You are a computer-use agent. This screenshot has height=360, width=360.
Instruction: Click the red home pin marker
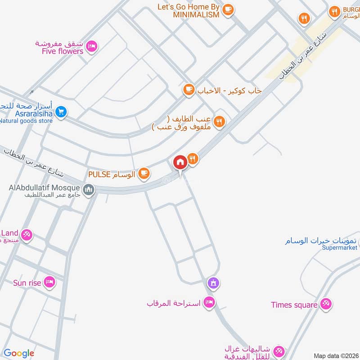pyautogui.click(x=180, y=162)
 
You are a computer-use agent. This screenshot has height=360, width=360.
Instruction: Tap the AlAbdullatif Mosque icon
pyautogui.click(x=89, y=189)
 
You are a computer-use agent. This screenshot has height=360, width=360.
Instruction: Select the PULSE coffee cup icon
pyautogui.click(x=144, y=173)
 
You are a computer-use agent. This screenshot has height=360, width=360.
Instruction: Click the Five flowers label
pyautogui.click(x=62, y=51)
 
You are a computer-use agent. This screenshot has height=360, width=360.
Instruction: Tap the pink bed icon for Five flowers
pyautogui.click(x=92, y=46)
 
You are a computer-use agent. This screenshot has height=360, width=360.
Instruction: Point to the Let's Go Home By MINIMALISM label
pyautogui.click(x=189, y=10)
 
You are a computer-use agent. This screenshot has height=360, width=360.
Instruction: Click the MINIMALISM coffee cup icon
pyautogui.click(x=228, y=9)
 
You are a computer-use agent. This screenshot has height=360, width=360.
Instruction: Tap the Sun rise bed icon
pyautogui.click(x=49, y=282)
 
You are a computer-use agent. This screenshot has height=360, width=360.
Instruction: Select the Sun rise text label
pyautogui.click(x=27, y=283)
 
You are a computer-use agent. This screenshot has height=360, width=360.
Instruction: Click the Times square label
pyautogui.click(x=294, y=305)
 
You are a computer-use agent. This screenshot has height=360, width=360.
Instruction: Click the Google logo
pyautogui.click(x=19, y=353)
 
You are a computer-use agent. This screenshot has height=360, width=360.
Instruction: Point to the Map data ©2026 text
pyautogui.click(x=335, y=356)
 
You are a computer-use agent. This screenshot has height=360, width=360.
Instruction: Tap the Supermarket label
pyautogui.click(x=339, y=247)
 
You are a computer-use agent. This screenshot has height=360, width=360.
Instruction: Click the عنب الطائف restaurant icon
pyautogui.click(x=219, y=121)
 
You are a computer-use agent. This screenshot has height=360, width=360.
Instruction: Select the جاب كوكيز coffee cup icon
pyautogui.click(x=189, y=90)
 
